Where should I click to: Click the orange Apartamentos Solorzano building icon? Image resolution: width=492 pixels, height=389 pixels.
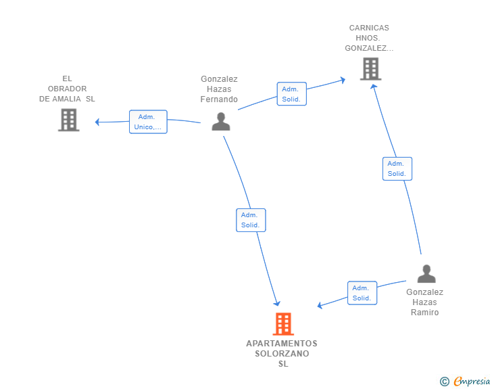click(283, 323)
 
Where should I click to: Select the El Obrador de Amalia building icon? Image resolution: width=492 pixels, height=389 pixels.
click(69, 120)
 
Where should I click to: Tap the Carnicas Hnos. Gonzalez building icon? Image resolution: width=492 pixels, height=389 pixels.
click(370, 69)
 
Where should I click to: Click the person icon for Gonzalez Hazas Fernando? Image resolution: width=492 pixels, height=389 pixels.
click(221, 121)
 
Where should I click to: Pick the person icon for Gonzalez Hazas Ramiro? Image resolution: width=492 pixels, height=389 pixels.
click(426, 274)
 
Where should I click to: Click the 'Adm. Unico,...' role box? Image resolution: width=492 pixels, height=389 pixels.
click(148, 122)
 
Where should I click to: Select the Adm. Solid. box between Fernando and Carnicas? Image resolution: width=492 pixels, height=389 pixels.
click(291, 93)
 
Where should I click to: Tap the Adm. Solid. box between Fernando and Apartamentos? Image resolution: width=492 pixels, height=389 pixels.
click(251, 220)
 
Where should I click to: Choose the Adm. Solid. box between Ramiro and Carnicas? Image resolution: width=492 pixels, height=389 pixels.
click(397, 168)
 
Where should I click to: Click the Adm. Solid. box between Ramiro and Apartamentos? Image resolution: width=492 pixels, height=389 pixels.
click(362, 293)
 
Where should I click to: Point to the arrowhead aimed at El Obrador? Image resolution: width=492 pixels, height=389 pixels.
click(97, 122)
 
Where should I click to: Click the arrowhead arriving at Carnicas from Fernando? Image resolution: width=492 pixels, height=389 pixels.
click(343, 80)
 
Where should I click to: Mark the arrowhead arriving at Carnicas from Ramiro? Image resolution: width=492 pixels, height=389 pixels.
click(373, 87)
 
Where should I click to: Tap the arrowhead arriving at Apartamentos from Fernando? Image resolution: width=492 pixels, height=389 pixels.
click(277, 303)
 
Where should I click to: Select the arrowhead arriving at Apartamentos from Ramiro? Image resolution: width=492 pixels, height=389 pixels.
click(320, 305)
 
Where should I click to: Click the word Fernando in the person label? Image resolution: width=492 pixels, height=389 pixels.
click(219, 99)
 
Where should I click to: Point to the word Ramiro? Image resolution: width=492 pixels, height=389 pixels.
click(425, 313)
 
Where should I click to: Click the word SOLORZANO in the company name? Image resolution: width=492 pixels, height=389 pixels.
click(282, 354)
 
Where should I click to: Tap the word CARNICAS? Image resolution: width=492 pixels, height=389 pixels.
click(369, 28)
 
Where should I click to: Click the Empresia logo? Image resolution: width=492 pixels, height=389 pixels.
click(465, 381)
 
